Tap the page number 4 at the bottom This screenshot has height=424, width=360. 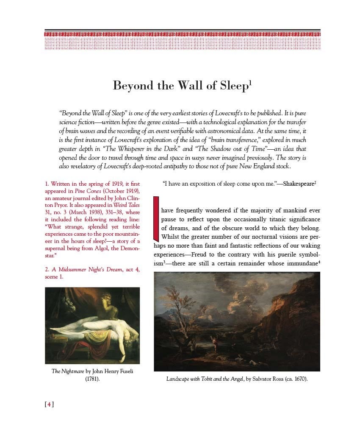pos(50,404)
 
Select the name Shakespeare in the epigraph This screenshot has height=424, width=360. pos(298,184)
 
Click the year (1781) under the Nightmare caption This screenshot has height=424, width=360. pos(92,379)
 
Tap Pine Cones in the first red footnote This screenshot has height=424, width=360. pos(86,192)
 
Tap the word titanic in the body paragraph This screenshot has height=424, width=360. pos(274,219)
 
